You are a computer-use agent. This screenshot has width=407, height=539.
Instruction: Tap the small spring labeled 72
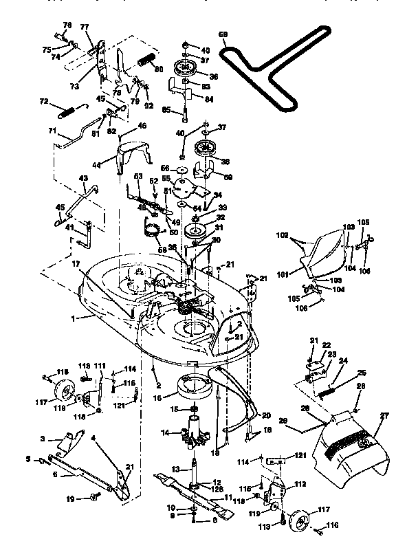66,111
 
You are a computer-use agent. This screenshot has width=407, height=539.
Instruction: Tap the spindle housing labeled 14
193,435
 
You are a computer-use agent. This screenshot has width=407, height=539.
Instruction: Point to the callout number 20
267,416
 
